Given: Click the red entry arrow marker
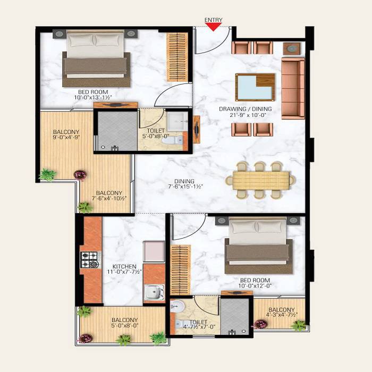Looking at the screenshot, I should tap(213, 27).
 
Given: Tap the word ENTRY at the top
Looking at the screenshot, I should tap(213, 20).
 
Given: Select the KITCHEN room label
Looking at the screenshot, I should tap(124, 266).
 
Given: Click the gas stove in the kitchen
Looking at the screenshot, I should tap(89, 259).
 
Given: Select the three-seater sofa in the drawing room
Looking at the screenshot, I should tap(293, 89).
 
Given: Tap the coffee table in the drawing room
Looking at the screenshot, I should tap(255, 87).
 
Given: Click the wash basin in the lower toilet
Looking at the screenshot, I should tap(177, 307).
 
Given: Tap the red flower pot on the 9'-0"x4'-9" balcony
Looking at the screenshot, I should tap(80, 174).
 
